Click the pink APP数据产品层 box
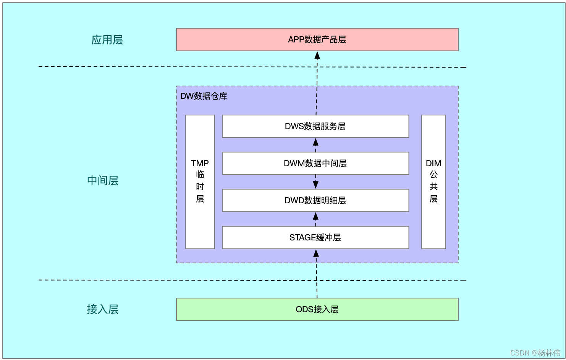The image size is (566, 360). [x=317, y=39]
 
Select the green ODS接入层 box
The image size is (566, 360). [x=317, y=309]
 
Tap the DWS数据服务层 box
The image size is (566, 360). [x=315, y=126]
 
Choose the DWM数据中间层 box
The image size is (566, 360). [x=315, y=163]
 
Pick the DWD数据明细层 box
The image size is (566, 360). [x=315, y=200]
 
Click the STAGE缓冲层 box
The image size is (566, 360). [x=315, y=237]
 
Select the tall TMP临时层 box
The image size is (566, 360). [x=200, y=182]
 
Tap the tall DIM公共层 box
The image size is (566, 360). [x=433, y=182]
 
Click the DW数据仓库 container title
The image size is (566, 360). [x=204, y=96]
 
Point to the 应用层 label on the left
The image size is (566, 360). [x=107, y=40]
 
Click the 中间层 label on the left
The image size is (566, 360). [x=103, y=180]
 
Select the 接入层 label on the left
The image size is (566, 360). [x=103, y=309]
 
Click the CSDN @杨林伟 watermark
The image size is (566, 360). [x=535, y=353]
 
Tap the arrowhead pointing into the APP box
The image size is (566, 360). [x=317, y=56]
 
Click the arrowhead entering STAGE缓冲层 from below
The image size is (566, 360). [x=316, y=253]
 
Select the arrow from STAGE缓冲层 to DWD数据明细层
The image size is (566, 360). [x=315, y=219]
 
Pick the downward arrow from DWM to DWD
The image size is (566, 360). [x=315, y=182]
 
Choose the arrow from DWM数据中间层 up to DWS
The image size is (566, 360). [x=315, y=145]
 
